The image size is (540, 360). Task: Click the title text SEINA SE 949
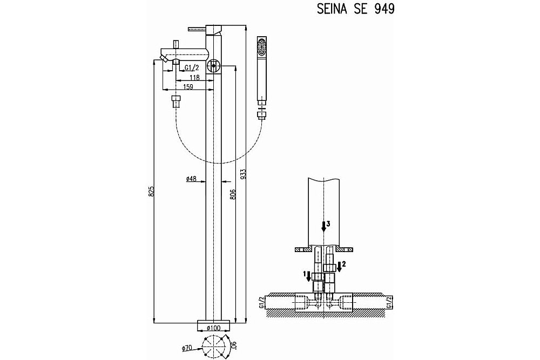tap(355, 9)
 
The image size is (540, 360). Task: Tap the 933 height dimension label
tap(243, 174)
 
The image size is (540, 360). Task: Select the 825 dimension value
tap(151, 192)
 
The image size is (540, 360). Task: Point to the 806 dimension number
tap(232, 195)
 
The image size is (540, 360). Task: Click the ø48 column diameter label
tap(191, 179)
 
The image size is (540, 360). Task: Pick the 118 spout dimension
tap(194, 77)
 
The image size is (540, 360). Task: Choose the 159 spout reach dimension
tap(188, 87)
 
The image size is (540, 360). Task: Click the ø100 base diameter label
tap(213, 328)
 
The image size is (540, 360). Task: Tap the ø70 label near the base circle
tap(186, 348)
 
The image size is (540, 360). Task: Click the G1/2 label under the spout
tap(192, 68)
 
